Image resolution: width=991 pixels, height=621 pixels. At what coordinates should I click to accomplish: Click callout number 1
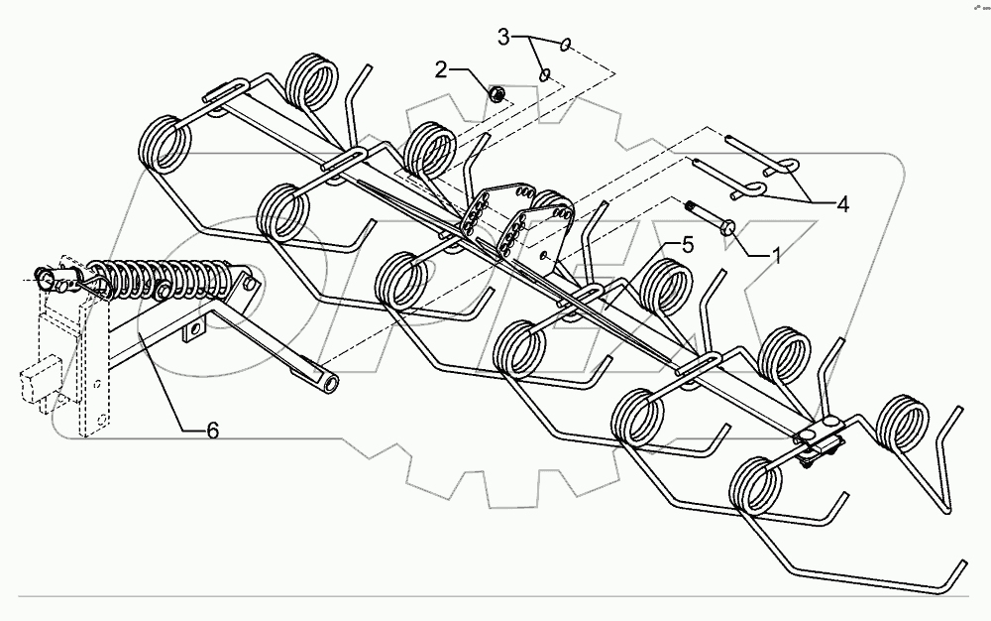(776, 254)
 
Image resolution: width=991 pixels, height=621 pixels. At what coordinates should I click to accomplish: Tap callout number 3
(503, 38)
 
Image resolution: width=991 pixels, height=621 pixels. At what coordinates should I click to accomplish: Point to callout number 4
(841, 205)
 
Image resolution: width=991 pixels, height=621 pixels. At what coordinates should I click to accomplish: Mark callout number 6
(212, 430)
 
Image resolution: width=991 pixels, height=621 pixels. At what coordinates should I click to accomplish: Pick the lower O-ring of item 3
(544, 74)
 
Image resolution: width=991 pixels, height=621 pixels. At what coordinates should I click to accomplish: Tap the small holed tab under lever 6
(193, 327)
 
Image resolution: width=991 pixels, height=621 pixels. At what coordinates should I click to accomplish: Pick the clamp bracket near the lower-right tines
(819, 436)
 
